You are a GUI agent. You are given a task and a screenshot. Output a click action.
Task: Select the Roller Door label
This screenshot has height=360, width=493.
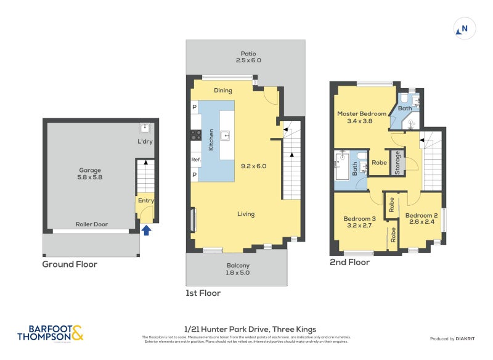coord(91,224)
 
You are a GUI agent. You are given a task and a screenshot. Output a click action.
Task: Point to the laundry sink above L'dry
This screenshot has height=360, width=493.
coord(145,128)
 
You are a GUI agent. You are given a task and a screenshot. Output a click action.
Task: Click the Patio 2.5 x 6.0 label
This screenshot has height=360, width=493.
coord(248,57)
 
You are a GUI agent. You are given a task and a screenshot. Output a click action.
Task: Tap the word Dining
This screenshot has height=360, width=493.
coord(223,91)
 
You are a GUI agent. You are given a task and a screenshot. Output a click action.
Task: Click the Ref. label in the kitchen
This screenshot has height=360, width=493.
coord(196,160)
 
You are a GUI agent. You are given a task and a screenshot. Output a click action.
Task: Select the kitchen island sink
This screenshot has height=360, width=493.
coord(226,134)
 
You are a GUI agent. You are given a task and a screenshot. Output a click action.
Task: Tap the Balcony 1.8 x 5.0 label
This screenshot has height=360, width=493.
coord(238,269)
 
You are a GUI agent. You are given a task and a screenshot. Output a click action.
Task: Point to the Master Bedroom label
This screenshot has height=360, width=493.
coord(362,117)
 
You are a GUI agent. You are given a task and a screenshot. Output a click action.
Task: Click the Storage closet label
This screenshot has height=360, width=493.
coord(397,163)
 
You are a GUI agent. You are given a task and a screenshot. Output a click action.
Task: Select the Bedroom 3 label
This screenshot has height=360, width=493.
coord(359,222)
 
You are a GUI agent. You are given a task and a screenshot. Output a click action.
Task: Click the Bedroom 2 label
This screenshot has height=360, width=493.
coord(420,218)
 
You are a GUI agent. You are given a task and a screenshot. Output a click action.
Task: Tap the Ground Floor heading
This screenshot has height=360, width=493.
coord(70,264)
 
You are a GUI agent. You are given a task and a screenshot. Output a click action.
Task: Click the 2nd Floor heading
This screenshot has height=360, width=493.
coord(349,262)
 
